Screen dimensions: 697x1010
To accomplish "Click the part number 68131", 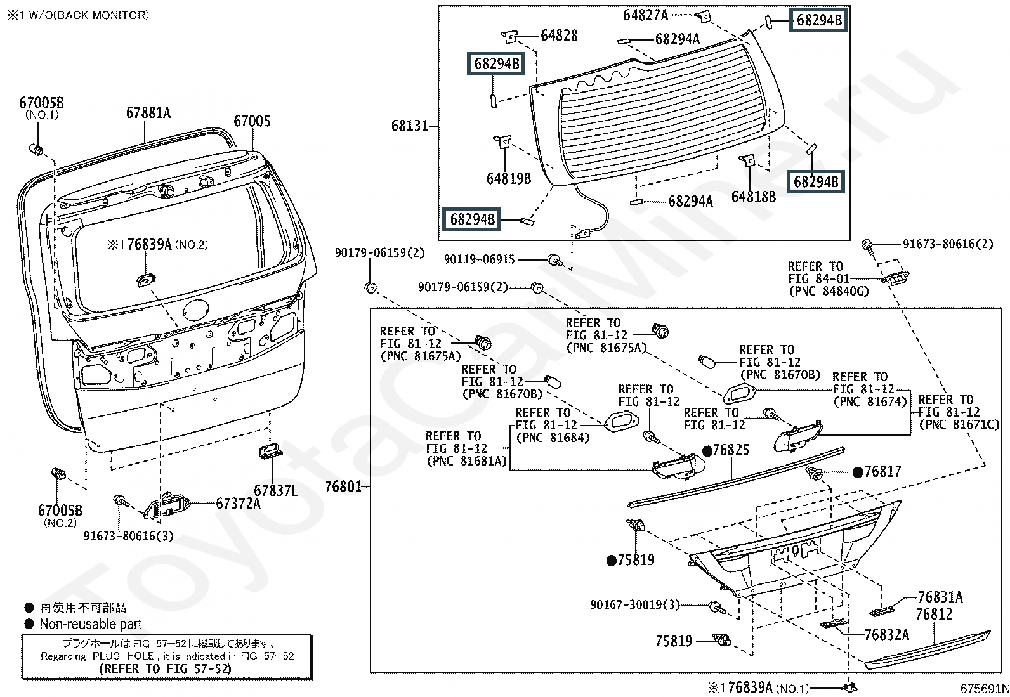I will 410,126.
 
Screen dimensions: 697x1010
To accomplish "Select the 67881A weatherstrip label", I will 148,113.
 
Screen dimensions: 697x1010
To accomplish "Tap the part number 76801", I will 343,486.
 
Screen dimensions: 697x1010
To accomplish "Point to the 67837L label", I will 275,490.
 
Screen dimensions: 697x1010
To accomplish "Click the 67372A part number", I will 238,503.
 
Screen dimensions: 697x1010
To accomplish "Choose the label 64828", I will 559,36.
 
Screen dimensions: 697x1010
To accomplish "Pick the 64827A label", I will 645,15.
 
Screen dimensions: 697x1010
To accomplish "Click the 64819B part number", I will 509,179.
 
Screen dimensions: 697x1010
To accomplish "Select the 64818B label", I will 753,197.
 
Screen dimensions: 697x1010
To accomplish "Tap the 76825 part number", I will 730,450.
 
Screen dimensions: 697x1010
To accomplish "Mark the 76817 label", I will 882,471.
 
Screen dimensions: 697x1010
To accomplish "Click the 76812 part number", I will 934,614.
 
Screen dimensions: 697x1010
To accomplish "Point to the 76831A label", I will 940,597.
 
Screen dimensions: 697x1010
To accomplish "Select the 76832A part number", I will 886,634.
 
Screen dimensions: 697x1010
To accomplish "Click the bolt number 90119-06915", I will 479,259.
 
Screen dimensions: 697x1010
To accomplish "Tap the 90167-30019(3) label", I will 634,605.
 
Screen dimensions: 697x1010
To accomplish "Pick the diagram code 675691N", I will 983,689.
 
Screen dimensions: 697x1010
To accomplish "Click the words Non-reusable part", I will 91,623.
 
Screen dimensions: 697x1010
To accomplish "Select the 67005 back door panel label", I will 252,121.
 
